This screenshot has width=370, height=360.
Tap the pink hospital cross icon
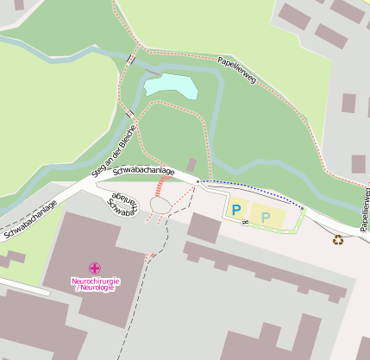point(94,269)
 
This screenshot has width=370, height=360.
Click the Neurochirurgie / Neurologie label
point(94,283)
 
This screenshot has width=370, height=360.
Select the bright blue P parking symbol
point(235,209)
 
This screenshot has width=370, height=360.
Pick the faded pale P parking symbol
point(266,217)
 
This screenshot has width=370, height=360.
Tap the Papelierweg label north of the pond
point(237,72)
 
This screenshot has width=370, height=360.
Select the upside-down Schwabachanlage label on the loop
point(121,201)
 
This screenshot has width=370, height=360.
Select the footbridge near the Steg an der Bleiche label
point(128,113)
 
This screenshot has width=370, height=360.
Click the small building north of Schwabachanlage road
point(191,164)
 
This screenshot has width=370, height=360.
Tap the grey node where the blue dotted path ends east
point(303,208)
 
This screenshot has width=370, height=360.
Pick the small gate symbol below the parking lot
point(245,222)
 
